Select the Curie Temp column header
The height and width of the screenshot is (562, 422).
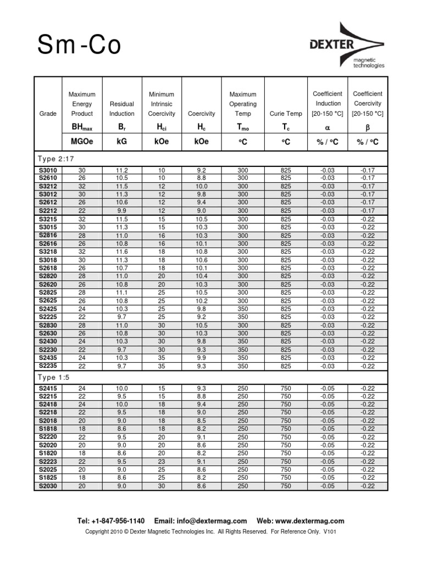pyautogui.click(x=286, y=114)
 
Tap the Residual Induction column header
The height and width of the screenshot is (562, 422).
pyautogui.click(x=121, y=109)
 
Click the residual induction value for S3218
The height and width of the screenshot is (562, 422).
pyautogui.click(x=122, y=252)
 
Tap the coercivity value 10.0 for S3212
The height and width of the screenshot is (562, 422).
pyautogui.click(x=202, y=187)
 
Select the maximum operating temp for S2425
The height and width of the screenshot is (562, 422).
pyautogui.click(x=242, y=309)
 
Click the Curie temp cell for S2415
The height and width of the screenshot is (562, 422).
pyautogui.click(x=286, y=389)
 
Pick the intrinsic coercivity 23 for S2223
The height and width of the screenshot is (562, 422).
pyautogui.click(x=162, y=462)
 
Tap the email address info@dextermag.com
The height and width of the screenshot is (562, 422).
pyautogui.click(x=212, y=521)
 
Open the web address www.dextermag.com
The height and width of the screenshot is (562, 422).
pyautogui.click(x=311, y=521)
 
